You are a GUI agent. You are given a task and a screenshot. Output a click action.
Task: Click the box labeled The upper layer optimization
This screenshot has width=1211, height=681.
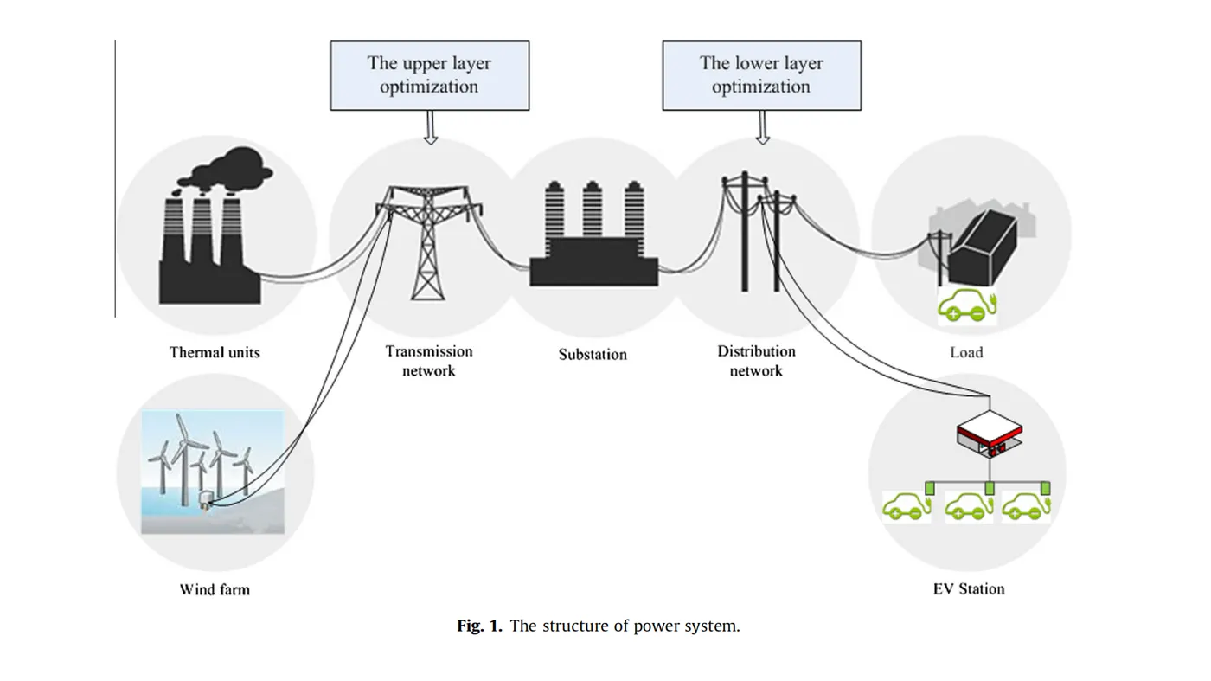click(x=429, y=75)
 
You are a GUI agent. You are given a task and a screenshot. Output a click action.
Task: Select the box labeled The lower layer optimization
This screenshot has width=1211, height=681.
click(x=761, y=75)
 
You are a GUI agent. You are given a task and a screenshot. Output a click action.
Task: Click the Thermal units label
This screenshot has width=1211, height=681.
click(x=215, y=352)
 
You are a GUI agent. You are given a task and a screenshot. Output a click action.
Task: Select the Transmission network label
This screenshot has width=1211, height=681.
click(x=429, y=361)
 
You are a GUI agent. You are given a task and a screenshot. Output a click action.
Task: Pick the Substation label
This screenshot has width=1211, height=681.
click(x=593, y=354)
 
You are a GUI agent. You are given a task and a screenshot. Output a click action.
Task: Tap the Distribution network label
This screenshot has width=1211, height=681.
click(x=756, y=361)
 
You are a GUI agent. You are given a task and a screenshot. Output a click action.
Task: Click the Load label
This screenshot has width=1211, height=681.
click(x=966, y=352)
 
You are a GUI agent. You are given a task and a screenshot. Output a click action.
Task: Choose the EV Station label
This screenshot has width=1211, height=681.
click(x=969, y=589)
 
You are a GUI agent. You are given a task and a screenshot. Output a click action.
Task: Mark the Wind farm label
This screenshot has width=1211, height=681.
click(x=215, y=590)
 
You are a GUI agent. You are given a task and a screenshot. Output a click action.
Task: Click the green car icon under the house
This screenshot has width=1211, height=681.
click(x=967, y=307)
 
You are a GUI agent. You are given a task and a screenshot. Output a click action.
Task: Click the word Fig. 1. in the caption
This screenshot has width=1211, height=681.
click(x=479, y=626)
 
